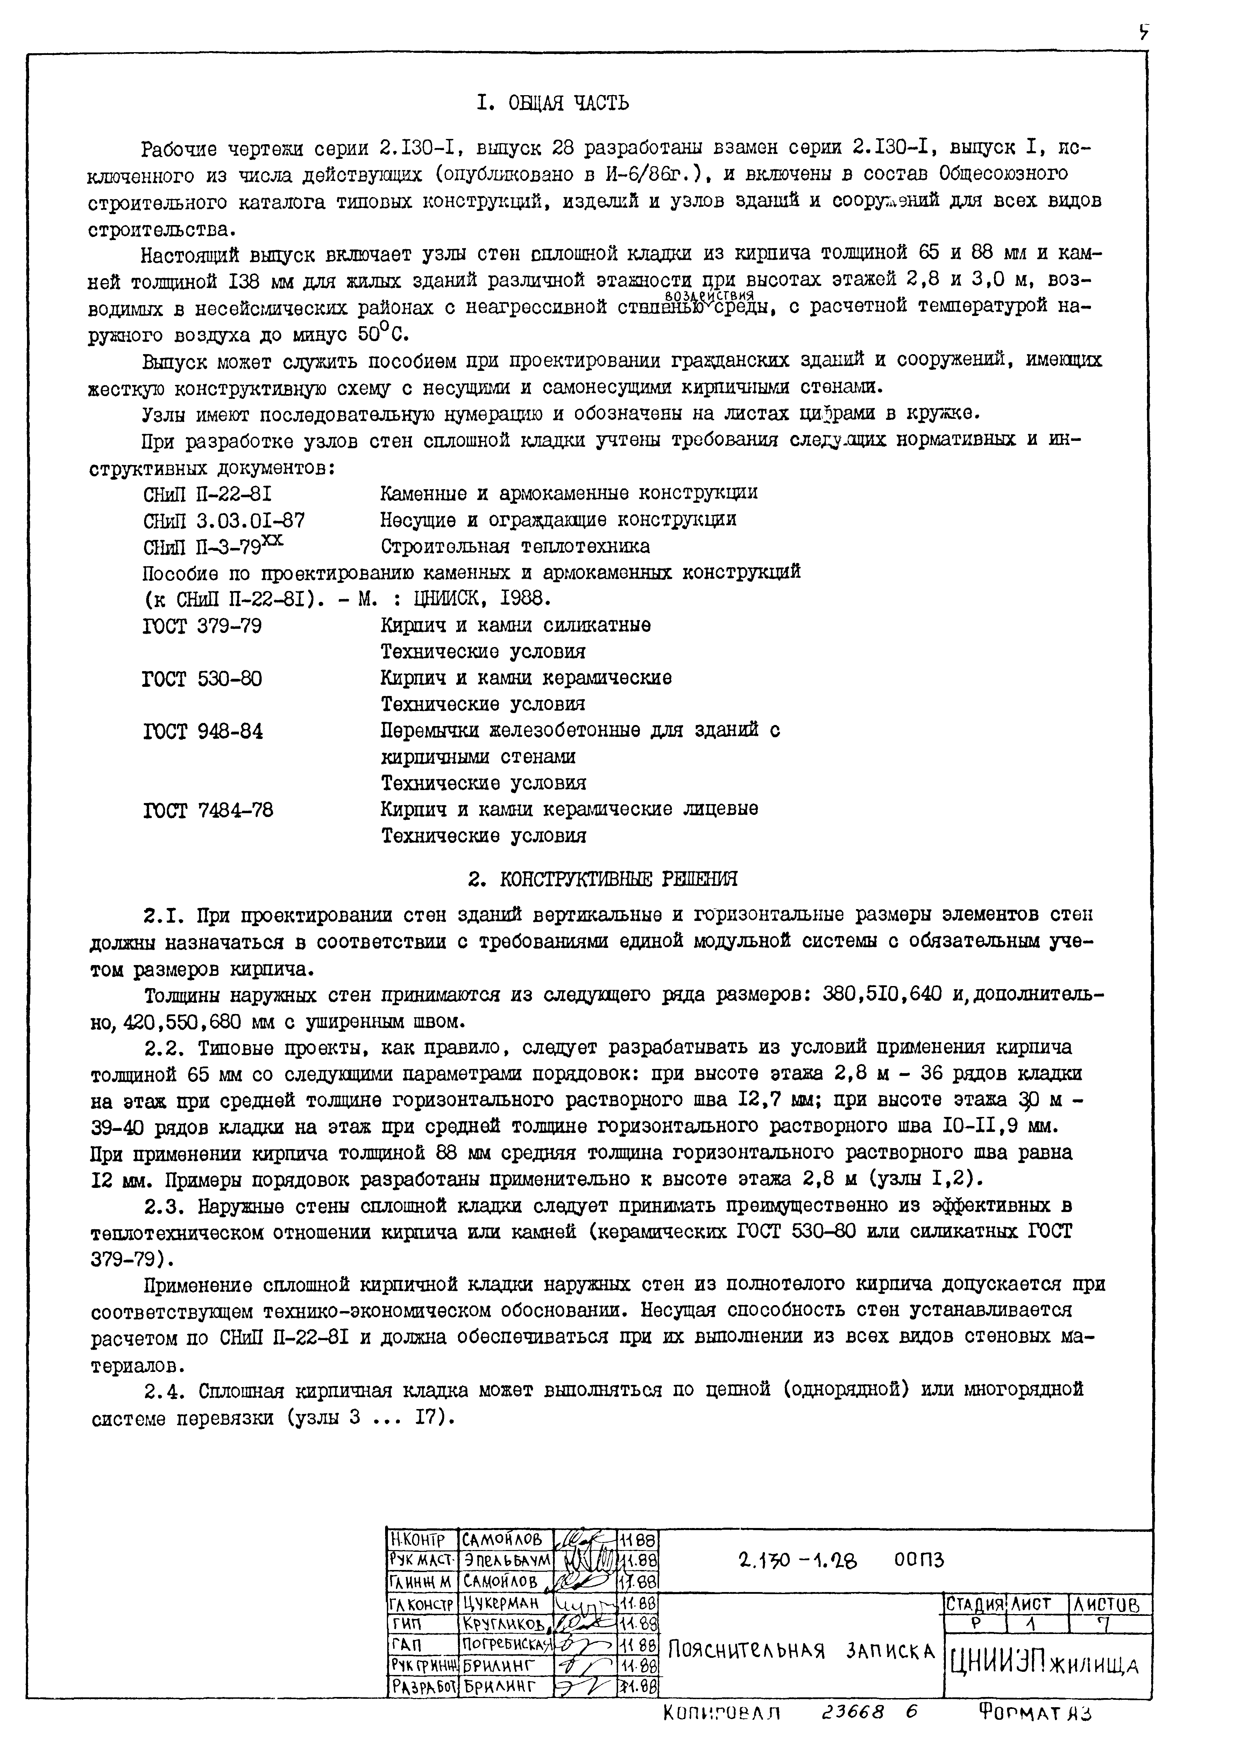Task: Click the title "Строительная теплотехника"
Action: [515, 547]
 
